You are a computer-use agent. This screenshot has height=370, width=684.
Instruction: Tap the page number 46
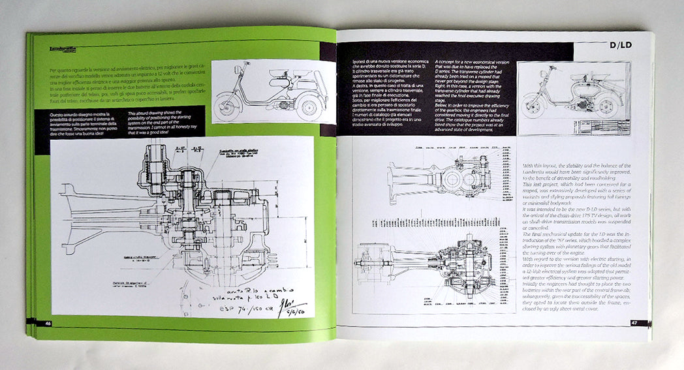48,323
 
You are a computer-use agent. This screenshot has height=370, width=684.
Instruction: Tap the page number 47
634,322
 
